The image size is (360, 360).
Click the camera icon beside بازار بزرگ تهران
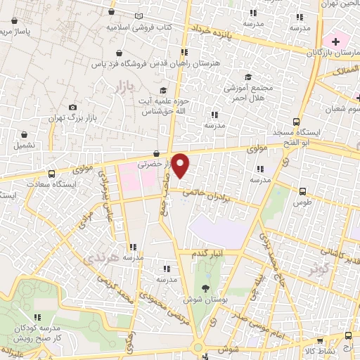(73, 107)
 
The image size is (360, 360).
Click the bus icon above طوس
(303, 191)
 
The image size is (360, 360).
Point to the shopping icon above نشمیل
(25, 134)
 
